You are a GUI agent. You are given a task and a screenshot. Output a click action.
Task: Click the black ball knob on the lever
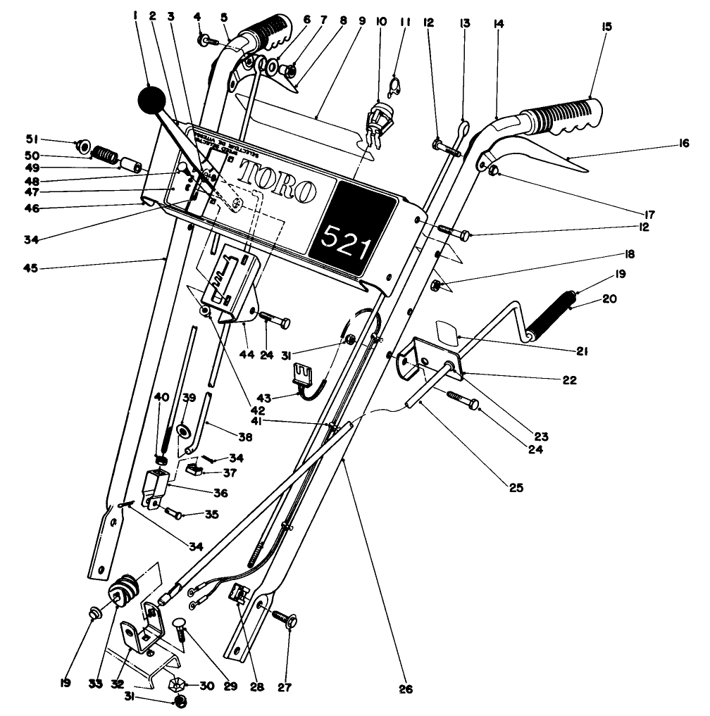click(x=153, y=101)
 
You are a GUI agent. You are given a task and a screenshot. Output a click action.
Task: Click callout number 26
click(x=404, y=688)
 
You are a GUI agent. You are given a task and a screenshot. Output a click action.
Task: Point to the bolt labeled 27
click(x=289, y=620)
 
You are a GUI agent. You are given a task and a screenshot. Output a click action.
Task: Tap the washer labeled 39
click(x=186, y=429)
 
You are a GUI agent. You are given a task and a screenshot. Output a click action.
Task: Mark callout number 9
click(x=361, y=20)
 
